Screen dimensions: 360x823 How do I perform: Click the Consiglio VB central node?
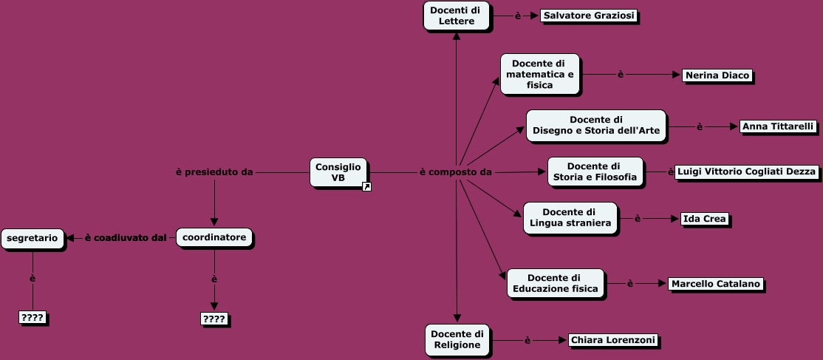pyautogui.click(x=338, y=172)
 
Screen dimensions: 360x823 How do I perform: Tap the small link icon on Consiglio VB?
pyautogui.click(x=366, y=186)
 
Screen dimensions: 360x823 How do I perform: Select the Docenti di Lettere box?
pyautogui.click(x=456, y=16)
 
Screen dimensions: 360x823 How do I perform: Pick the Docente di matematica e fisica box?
pyautogui.click(x=539, y=74)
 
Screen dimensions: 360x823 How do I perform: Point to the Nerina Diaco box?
pyautogui.click(x=717, y=75)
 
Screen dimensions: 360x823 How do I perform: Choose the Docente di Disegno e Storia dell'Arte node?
pyautogui.click(x=595, y=126)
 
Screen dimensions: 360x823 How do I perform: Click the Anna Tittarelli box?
pyautogui.click(x=777, y=126)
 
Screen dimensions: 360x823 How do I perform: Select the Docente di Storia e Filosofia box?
pyautogui.click(x=595, y=171)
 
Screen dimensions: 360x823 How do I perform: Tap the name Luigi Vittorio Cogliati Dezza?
pyautogui.click(x=746, y=171)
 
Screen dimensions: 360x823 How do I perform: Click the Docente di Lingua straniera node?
pyautogui.click(x=570, y=218)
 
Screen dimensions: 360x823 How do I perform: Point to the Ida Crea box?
pyautogui.click(x=704, y=218)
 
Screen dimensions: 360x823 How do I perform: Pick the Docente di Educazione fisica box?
pyautogui.click(x=556, y=283)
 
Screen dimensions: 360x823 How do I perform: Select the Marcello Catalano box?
pyautogui.click(x=715, y=284)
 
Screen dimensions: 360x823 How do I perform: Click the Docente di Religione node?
pyautogui.click(x=457, y=339)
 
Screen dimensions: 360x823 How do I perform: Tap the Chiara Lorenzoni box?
pyautogui.click(x=612, y=340)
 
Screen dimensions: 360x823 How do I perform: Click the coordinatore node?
pyautogui.click(x=214, y=237)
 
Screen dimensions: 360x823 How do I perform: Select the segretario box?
pyautogui.click(x=33, y=238)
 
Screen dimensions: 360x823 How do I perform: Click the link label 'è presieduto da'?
pyautogui.click(x=214, y=172)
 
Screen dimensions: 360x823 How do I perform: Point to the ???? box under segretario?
pyautogui.click(x=33, y=318)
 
